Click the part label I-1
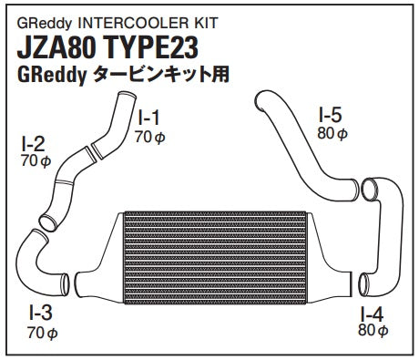(148, 118)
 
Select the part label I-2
(33, 144)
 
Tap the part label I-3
(41, 313)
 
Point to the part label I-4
(372, 314)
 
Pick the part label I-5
(331, 115)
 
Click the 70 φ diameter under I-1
(150, 137)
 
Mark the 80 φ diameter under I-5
(332, 133)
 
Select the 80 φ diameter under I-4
(373, 330)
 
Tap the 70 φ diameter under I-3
(43, 333)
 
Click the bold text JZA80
(56, 47)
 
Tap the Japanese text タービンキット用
(161, 75)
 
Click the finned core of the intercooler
(215, 258)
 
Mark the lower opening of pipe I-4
(363, 284)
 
